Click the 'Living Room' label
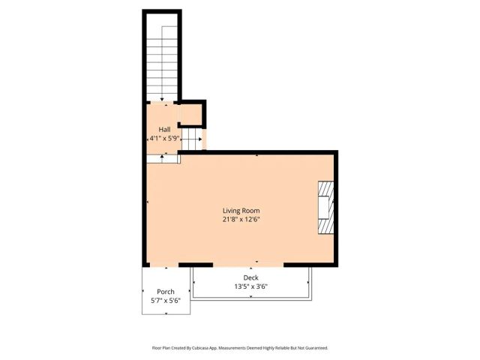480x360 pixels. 241,211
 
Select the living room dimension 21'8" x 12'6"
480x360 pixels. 241,219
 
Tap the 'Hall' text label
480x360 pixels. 164,130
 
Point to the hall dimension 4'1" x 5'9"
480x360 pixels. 164,139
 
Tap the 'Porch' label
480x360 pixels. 165,292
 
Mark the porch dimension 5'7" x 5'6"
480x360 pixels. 165,301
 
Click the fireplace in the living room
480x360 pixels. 325,208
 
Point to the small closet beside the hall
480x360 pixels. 190,114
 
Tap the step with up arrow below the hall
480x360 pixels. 162,157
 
